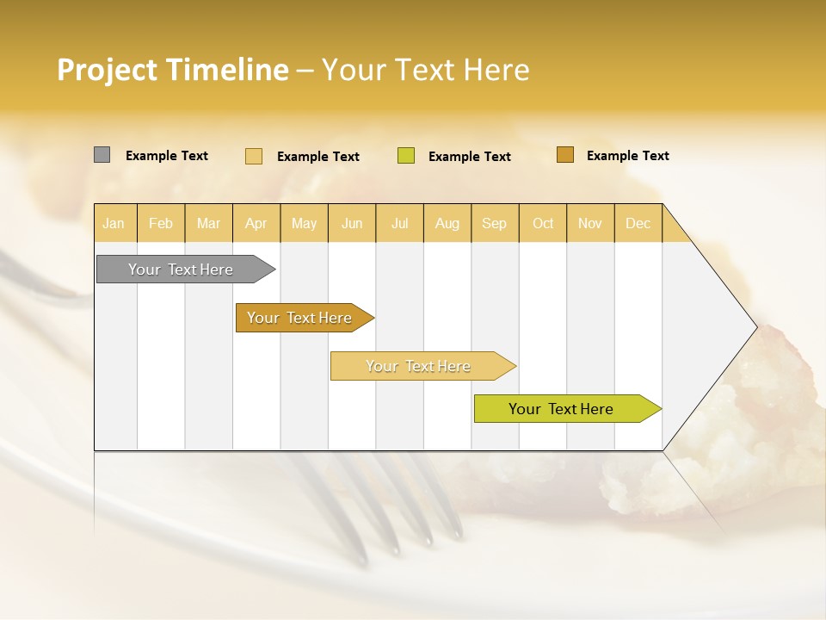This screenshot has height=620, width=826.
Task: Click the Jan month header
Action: [x=114, y=223]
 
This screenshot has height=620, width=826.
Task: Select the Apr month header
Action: [x=256, y=223]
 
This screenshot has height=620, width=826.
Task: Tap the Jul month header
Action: [x=399, y=223]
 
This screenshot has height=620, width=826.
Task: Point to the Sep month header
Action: [x=494, y=223]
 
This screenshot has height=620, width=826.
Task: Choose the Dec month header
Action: [x=638, y=223]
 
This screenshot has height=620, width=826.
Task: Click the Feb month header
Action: [x=161, y=223]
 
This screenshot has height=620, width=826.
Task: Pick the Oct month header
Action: [x=543, y=223]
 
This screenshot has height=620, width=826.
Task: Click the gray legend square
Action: [x=102, y=155]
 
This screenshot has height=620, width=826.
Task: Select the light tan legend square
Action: [x=254, y=156]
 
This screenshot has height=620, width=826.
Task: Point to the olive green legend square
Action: [x=406, y=156]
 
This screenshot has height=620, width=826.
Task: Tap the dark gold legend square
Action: [x=565, y=155]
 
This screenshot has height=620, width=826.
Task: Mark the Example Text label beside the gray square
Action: [x=167, y=156]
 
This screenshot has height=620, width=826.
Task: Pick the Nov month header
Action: [x=590, y=223]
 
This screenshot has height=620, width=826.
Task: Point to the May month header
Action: [x=304, y=223]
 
